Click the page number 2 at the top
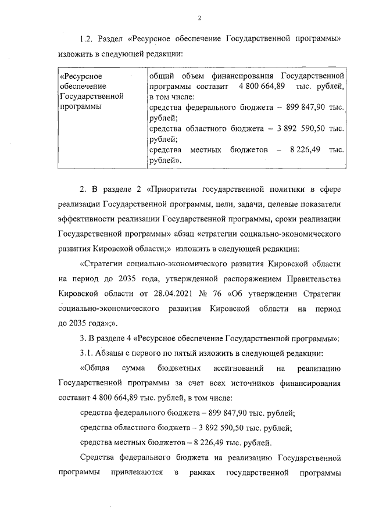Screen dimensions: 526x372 199,17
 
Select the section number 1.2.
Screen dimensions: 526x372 86,39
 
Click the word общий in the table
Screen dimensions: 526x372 161,76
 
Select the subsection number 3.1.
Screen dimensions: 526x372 85,353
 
